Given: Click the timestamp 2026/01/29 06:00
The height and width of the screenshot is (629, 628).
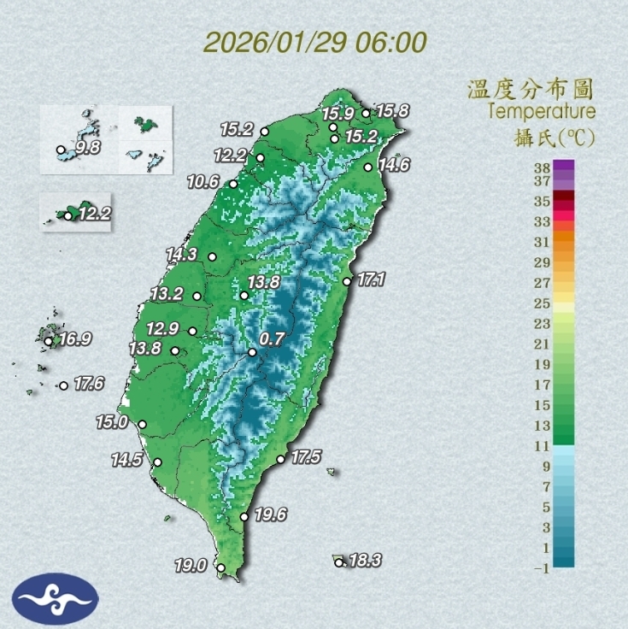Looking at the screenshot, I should (315, 43).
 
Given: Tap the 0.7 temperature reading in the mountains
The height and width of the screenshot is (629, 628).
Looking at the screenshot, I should (272, 339).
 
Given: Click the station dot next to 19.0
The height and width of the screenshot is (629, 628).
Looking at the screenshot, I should (220, 567).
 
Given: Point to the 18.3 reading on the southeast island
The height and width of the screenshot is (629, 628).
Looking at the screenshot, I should (365, 561).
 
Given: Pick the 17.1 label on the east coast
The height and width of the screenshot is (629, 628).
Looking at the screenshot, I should (372, 279).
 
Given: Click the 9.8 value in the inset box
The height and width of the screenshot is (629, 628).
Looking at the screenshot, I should (88, 148).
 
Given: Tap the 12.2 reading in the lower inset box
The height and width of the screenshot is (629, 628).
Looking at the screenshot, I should (94, 214).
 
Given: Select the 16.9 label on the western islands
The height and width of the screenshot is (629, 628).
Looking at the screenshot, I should (75, 339).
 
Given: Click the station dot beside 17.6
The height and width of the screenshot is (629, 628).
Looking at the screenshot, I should (63, 385).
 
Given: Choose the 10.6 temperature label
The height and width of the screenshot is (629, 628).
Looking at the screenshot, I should (203, 182).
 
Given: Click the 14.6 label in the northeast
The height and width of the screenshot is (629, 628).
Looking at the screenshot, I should (394, 165).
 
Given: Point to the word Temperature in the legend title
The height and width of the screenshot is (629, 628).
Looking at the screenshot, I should (542, 111).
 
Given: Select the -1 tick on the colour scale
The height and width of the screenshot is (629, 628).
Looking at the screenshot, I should (539, 567).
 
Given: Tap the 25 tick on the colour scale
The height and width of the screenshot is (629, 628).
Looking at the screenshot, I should (541, 303).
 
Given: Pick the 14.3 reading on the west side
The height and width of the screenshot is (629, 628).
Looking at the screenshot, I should (181, 254).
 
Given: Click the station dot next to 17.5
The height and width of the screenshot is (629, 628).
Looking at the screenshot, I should (281, 459).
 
